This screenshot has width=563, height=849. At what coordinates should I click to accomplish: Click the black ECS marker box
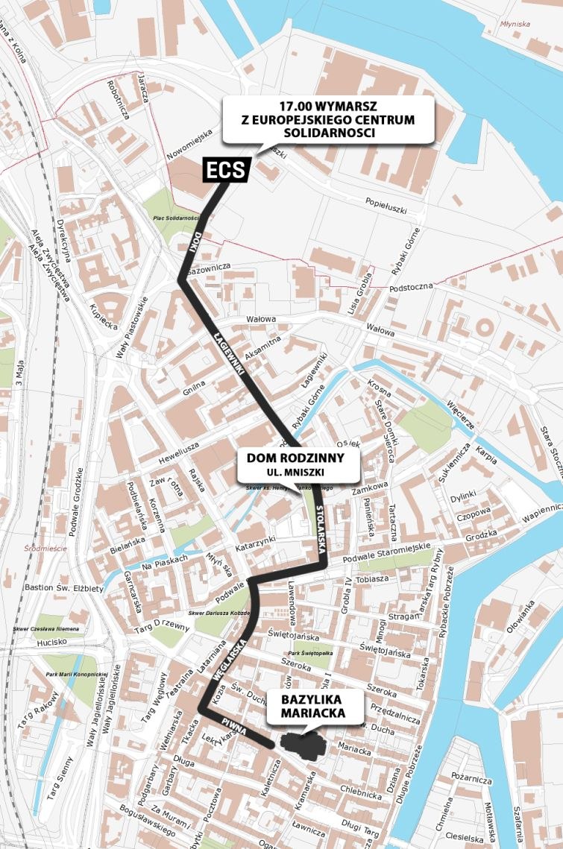point(226,170)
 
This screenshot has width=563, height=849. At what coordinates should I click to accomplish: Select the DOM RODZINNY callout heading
point(298,457)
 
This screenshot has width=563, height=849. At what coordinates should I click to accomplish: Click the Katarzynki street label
point(256,543)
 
